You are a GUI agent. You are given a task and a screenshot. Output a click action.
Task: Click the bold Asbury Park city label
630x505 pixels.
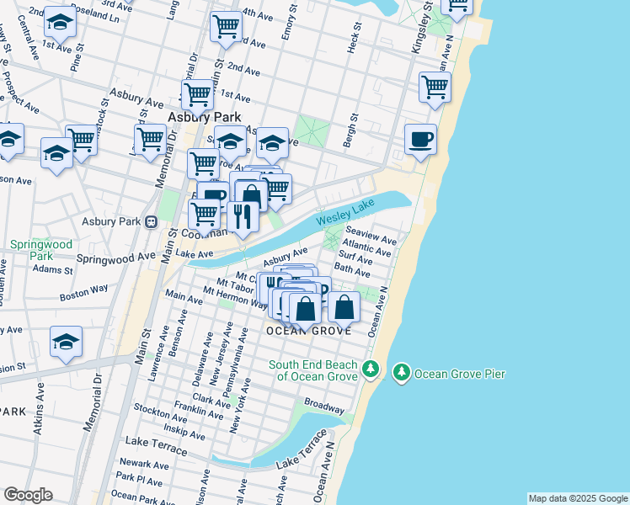[205, 117]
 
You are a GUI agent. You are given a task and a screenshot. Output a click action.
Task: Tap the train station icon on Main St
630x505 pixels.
[152, 222]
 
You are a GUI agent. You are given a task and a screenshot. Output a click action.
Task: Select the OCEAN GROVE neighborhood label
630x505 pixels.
[308, 332]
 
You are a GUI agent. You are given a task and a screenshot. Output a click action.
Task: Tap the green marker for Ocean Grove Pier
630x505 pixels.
[402, 372]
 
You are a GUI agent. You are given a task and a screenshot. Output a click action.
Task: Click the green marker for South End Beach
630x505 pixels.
[370, 369]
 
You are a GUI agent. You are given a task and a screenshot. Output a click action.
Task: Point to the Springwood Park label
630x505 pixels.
[30, 250]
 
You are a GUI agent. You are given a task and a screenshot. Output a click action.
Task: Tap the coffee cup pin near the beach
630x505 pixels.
[419, 140]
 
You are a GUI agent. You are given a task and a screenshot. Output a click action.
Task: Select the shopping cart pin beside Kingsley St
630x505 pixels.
[435, 88]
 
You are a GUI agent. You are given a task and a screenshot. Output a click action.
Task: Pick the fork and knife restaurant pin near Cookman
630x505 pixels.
[243, 216]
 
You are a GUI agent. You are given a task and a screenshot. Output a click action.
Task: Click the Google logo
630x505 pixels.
[28, 495]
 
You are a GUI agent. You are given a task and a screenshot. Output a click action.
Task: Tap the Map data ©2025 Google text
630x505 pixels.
[577, 498]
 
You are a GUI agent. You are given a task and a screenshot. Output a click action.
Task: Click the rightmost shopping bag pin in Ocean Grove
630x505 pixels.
[344, 307]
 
